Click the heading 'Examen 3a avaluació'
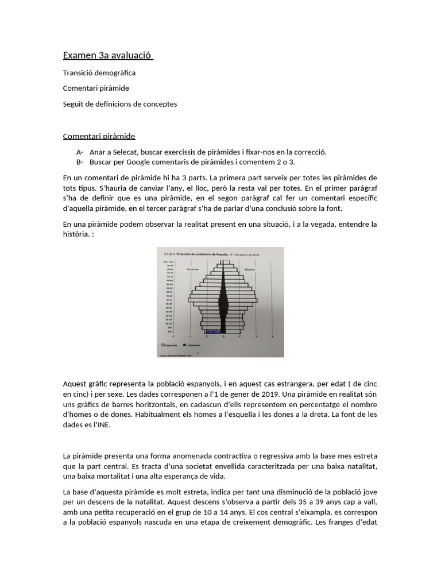coord(107,56)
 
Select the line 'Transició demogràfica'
coord(99,73)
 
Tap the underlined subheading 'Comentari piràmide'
coord(99,136)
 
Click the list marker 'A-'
coord(79,152)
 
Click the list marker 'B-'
coord(79,162)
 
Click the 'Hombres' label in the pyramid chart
coord(194,268)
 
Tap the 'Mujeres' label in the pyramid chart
coord(250,268)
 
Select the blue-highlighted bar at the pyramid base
coord(213,332)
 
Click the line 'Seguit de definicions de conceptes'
coord(119,105)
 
